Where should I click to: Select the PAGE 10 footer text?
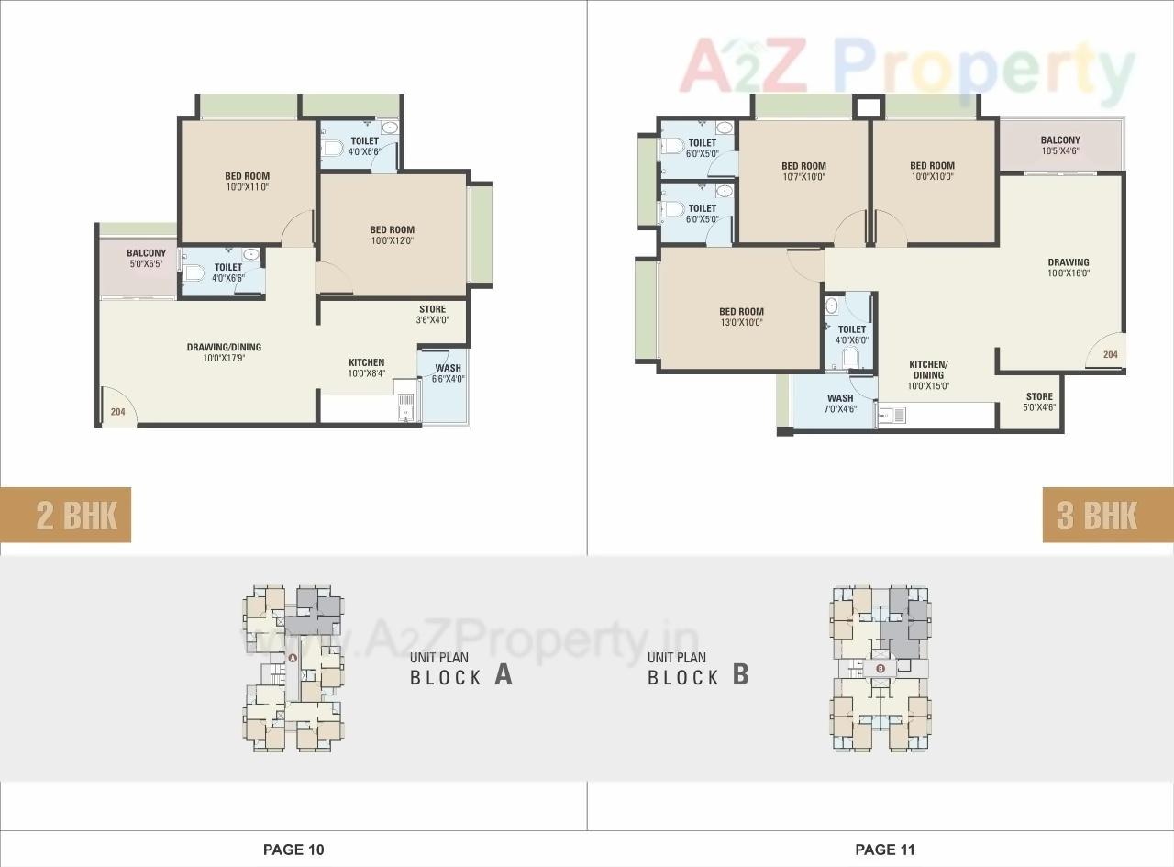(x=293, y=850)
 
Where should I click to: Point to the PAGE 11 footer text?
(x=885, y=850)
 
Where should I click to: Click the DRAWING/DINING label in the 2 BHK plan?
(x=224, y=352)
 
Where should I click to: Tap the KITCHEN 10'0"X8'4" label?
(x=366, y=368)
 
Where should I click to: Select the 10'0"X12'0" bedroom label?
(x=392, y=236)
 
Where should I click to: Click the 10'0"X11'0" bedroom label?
(x=247, y=182)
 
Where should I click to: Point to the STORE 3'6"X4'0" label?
(x=432, y=315)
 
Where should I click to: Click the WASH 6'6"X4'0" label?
(x=448, y=373)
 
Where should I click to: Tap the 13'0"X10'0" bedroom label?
(x=741, y=317)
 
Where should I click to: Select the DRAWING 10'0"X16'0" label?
(x=1069, y=268)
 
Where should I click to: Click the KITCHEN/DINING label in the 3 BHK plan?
(x=928, y=375)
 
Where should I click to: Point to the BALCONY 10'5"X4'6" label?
(x=1060, y=146)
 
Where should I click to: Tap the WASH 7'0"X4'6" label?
(x=840, y=404)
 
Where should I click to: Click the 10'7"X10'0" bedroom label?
(x=803, y=172)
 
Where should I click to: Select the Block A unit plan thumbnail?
(x=293, y=667)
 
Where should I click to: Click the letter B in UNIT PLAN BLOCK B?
(x=740, y=675)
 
